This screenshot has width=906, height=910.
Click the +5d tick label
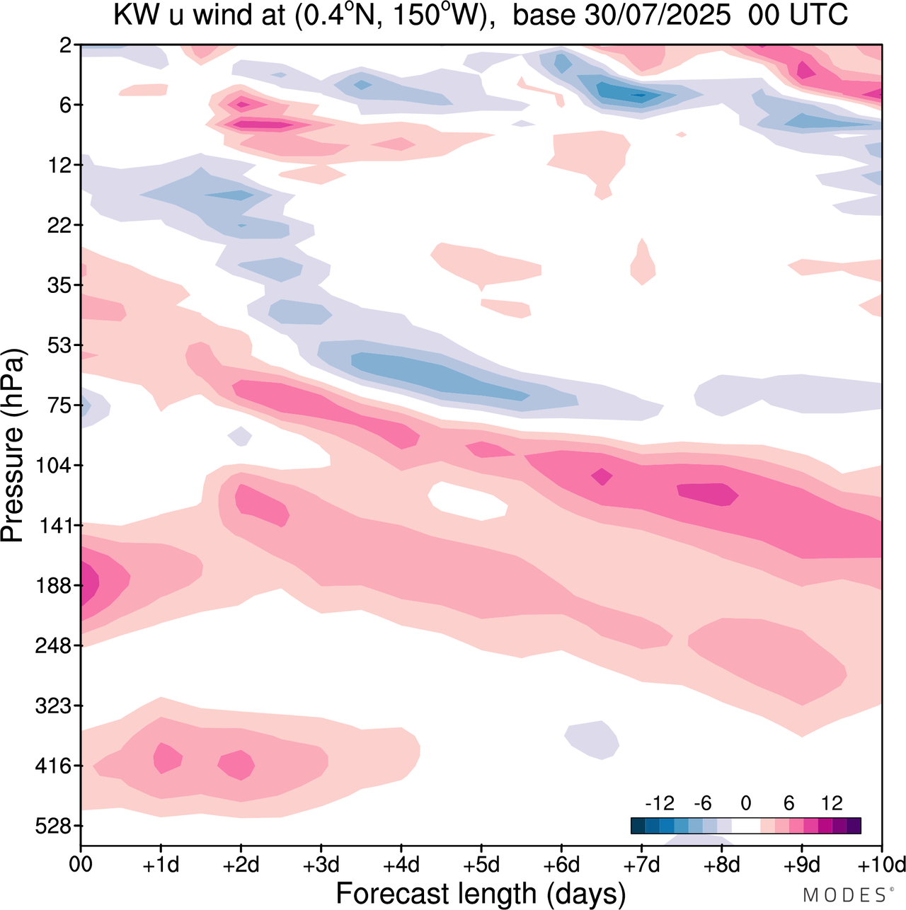pos(481,865)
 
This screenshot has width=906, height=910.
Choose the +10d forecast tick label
pos(882,865)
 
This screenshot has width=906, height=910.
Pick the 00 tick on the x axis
pos(81,865)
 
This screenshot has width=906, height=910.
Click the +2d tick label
pos(241,865)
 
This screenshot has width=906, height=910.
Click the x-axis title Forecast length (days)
pos(481,893)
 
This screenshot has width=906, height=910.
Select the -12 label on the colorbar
pos(659,803)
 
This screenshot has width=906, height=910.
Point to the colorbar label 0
pos(745,803)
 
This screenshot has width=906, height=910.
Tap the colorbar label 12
pos(832,803)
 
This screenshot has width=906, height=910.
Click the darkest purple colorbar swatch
pos(854,826)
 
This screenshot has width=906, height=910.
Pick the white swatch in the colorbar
pos(745,826)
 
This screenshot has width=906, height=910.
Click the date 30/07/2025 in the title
pos(658,16)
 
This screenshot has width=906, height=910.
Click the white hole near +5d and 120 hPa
pos(468,500)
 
